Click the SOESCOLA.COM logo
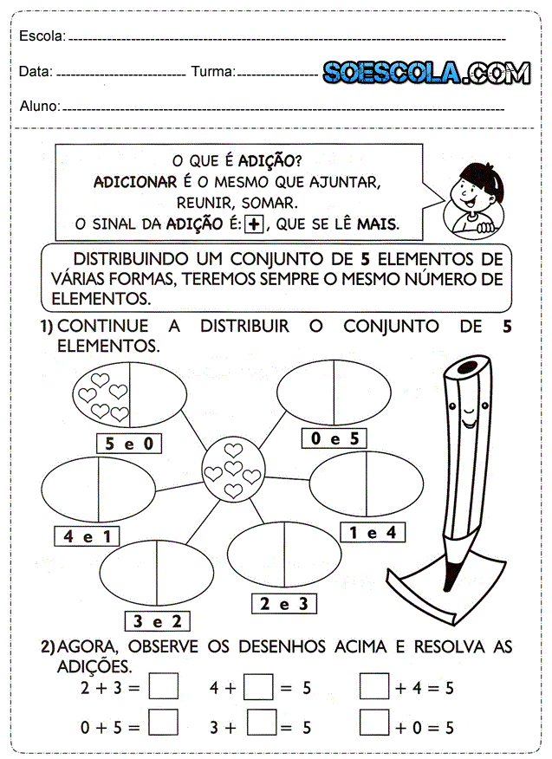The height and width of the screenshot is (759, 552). pyautogui.click(x=426, y=73)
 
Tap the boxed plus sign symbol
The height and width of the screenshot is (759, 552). pyautogui.click(x=254, y=224)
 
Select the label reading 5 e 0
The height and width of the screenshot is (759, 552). pyautogui.click(x=129, y=444)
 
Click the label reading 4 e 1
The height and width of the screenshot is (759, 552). pyautogui.click(x=87, y=536)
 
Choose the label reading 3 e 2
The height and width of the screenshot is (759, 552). pyautogui.click(x=158, y=620)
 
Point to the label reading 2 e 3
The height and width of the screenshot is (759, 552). pyautogui.click(x=283, y=604)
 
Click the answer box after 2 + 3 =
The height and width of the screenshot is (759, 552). pyautogui.click(x=164, y=688)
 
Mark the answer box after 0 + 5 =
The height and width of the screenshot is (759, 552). pyautogui.click(x=164, y=723)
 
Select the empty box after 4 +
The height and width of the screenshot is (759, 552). pyautogui.click(x=258, y=688)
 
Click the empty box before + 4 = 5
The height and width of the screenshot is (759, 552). pyautogui.click(x=374, y=688)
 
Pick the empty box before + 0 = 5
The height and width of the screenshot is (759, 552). pyautogui.click(x=374, y=723)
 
